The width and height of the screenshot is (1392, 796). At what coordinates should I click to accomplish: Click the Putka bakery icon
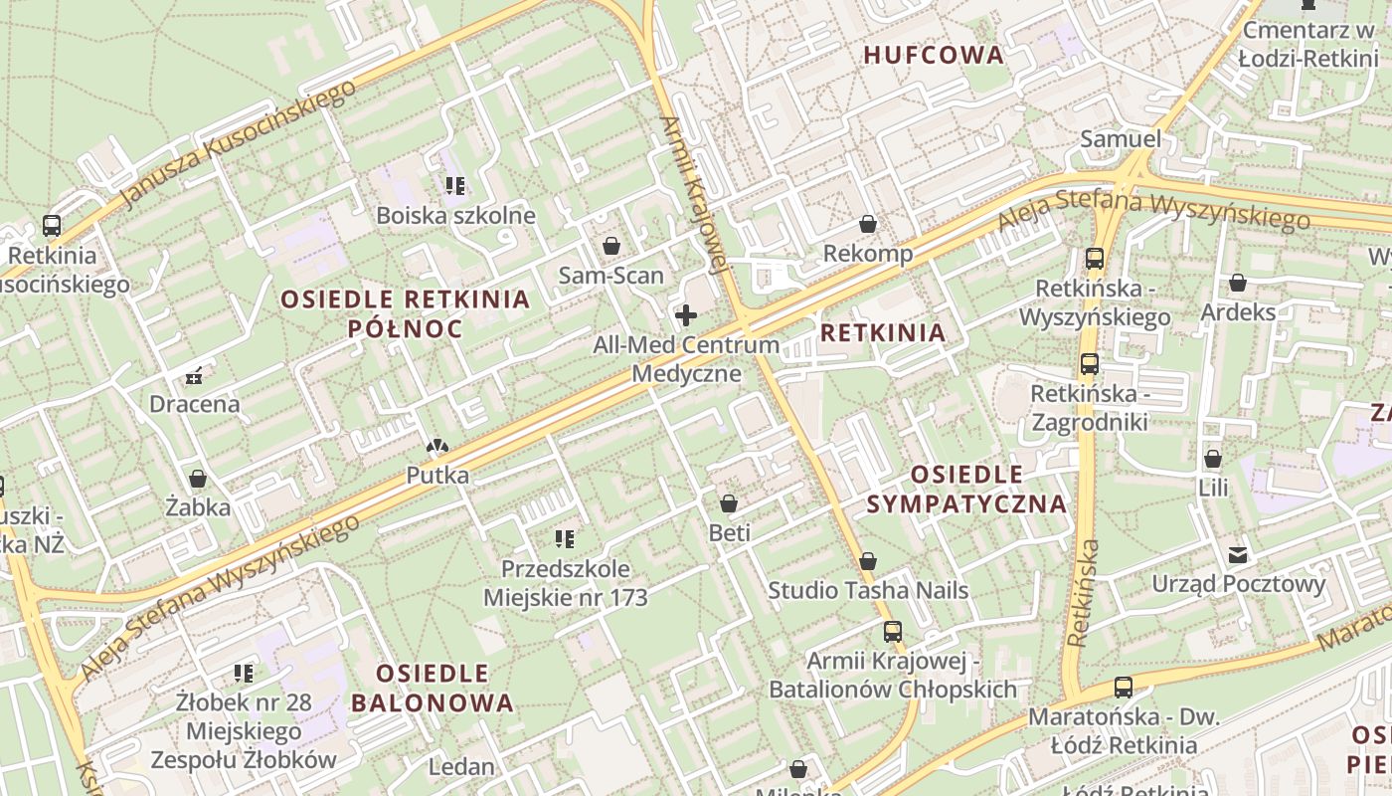pyautogui.click(x=436, y=448)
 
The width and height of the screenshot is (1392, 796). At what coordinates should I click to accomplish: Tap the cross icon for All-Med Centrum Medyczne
pyautogui.click(x=686, y=316)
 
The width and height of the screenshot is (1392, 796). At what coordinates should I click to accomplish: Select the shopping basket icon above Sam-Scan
pyautogui.click(x=610, y=246)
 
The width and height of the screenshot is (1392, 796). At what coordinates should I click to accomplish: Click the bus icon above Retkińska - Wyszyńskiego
pyautogui.click(x=1095, y=259)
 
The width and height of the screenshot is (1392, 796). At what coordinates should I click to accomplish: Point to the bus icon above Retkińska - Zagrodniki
pyautogui.click(x=1090, y=364)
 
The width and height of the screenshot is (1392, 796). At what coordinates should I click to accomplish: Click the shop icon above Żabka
pyautogui.click(x=198, y=479)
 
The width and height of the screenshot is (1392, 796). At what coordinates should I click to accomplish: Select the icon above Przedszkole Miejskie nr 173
pyautogui.click(x=565, y=540)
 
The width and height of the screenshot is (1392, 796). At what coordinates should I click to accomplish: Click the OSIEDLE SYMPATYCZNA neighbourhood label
pyautogui.click(x=966, y=489)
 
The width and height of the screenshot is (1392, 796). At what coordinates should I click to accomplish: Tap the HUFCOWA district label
pyautogui.click(x=934, y=56)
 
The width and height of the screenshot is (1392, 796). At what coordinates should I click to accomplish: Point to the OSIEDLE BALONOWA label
pyautogui.click(x=433, y=688)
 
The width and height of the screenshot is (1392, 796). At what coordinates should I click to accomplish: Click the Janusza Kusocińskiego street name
pyautogui.click(x=238, y=144)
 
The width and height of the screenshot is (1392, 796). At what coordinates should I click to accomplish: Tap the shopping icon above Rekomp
pyautogui.click(x=868, y=225)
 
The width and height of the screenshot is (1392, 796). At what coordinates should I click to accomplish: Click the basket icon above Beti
pyautogui.click(x=729, y=504)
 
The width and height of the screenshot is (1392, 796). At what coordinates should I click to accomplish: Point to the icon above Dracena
pyautogui.click(x=194, y=376)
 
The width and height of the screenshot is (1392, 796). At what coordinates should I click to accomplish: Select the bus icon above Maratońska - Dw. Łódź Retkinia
pyautogui.click(x=1124, y=688)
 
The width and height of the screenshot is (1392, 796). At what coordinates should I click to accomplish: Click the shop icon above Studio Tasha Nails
pyautogui.click(x=868, y=562)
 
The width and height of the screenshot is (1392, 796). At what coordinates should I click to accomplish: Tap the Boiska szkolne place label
pyautogui.click(x=455, y=216)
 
